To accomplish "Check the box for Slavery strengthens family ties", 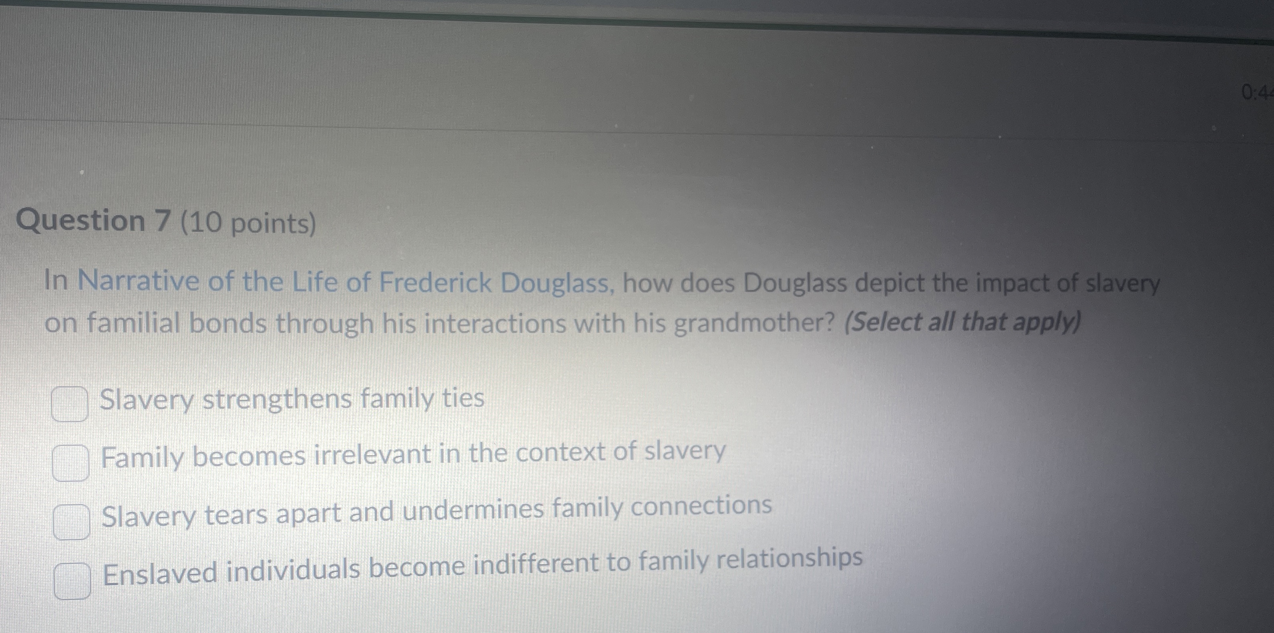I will pos(70,404).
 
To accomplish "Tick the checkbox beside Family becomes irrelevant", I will pos(71,463).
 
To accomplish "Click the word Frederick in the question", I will pos(436,283).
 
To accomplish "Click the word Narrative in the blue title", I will pos(138,281).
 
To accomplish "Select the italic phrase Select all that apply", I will pos(962,322).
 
